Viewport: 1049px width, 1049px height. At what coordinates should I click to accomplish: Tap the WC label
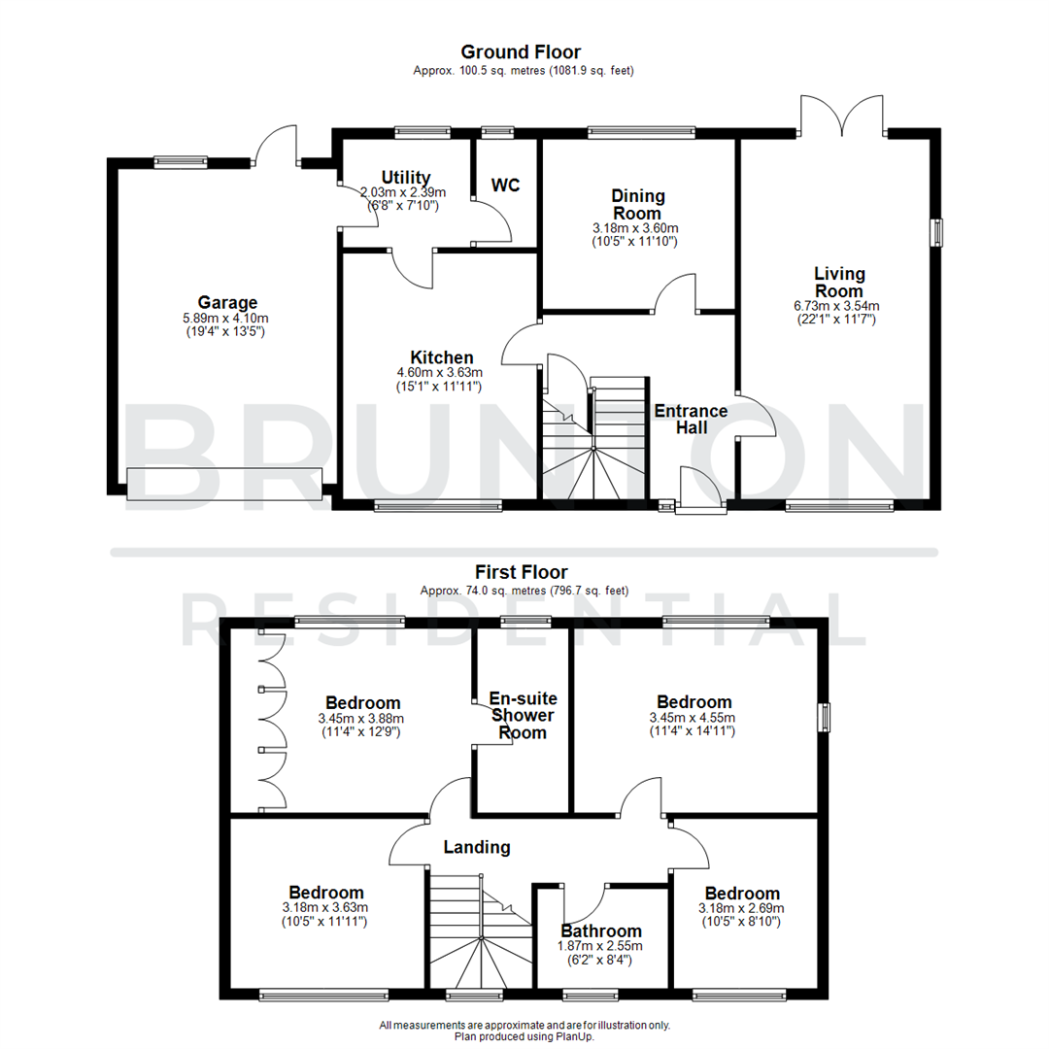point(506,185)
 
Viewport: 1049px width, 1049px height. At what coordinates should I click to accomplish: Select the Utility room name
point(406,177)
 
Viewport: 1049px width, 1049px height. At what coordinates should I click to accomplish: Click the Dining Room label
point(636,205)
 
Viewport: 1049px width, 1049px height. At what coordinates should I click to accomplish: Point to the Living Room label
point(839,283)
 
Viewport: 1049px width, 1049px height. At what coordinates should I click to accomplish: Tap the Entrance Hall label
point(691,419)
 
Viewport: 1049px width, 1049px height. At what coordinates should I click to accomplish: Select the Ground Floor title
point(521,51)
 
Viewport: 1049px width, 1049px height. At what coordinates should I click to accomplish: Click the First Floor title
point(521,572)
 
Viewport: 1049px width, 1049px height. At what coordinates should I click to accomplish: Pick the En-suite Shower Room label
point(522,715)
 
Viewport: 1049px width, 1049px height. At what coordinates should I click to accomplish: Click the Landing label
point(477,847)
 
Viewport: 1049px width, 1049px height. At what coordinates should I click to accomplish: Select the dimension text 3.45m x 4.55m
point(694,718)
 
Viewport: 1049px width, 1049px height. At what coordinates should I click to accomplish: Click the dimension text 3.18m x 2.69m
point(742,908)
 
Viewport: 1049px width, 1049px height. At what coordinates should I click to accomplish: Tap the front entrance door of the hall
point(700,491)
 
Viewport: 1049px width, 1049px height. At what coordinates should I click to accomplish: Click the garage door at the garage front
point(223,484)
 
